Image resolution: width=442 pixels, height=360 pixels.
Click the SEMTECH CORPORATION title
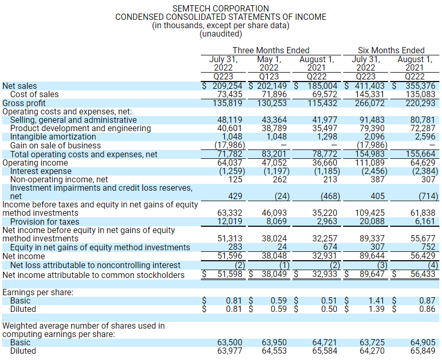coord(220,8)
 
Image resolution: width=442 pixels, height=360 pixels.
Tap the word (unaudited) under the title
coord(220,34)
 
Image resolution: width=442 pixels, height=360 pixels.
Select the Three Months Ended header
coord(270,50)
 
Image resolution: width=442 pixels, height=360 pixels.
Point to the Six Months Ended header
coord(391,50)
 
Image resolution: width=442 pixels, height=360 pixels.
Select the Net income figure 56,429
coord(420,256)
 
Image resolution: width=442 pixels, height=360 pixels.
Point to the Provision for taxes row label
coord(45,222)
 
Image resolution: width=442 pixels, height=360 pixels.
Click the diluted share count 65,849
coord(422,351)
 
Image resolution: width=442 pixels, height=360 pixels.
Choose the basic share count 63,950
coord(274,342)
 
